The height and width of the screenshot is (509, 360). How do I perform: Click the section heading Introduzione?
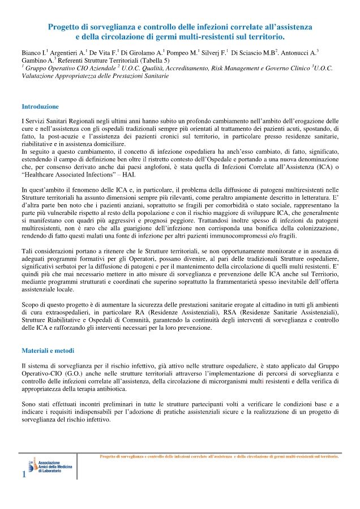click(40, 106)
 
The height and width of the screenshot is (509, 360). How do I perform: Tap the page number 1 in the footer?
click(23, 475)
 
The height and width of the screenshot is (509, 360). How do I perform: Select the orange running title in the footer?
click(218, 455)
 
